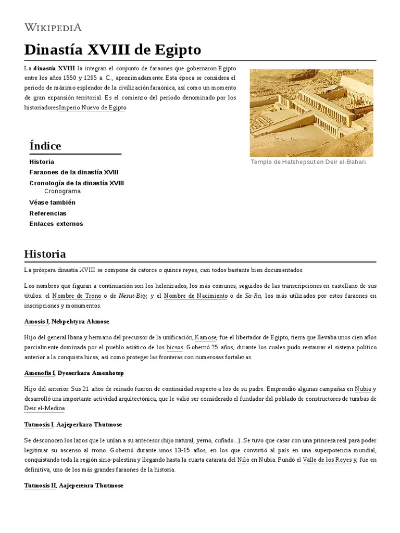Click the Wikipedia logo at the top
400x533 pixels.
click(53, 27)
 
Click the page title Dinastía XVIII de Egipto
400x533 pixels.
click(113, 50)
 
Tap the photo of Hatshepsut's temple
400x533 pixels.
click(311, 112)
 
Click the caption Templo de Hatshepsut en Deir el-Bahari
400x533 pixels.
click(308, 162)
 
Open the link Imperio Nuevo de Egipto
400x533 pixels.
click(93, 107)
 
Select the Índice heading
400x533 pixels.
click(45, 146)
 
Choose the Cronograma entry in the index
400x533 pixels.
click(63, 191)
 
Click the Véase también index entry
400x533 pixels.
click(53, 202)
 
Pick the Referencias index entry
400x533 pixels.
click(48, 213)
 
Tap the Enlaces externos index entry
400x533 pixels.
click(56, 224)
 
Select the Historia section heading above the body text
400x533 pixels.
click(45, 254)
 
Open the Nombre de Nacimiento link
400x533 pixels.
click(195, 296)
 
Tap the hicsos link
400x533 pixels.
click(174, 347)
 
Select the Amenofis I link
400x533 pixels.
click(40, 373)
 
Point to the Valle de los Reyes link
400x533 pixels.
click(328, 460)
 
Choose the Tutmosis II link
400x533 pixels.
click(40, 486)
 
